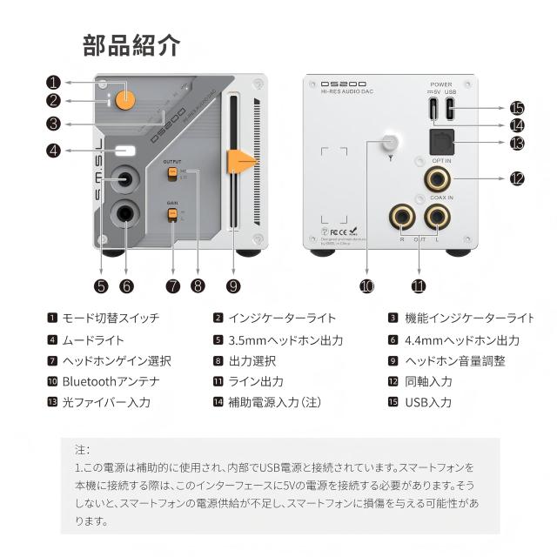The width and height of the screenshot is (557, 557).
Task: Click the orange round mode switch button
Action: pos(126,97)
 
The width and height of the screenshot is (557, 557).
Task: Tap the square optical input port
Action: pos(439,143)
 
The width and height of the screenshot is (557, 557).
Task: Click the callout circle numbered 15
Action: pos(518,108)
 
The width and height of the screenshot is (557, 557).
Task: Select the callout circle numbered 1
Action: pos(53,84)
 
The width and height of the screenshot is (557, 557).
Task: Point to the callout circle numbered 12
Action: pos(518,178)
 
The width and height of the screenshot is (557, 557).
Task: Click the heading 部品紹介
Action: pos(131,44)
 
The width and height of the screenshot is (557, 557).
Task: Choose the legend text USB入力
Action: pos(428,402)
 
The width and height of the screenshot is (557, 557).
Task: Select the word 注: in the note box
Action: pos(82,450)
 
